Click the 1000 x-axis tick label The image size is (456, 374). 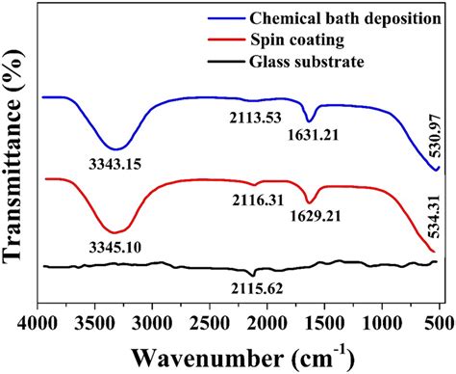point(381,314)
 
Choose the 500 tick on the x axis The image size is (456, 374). point(438,314)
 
